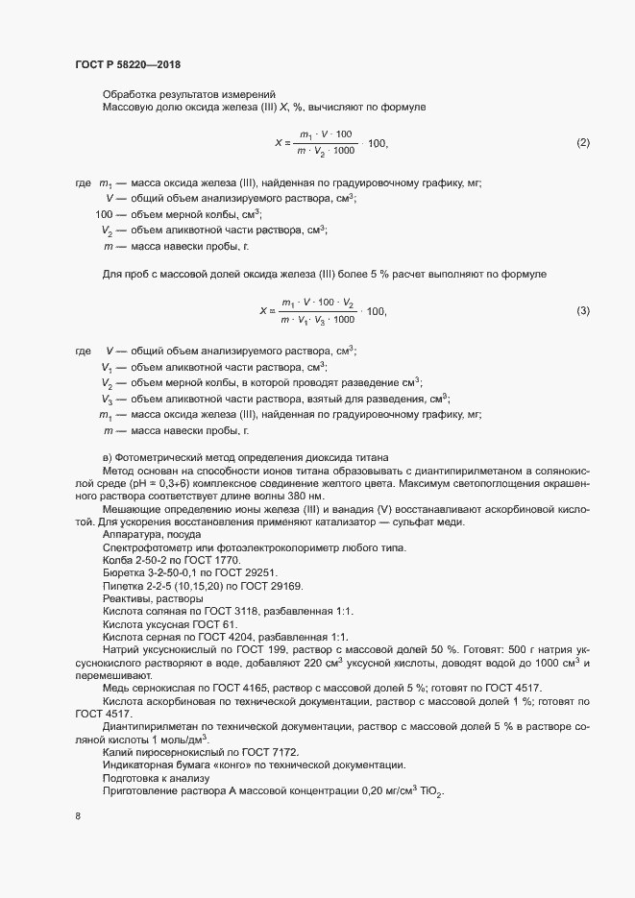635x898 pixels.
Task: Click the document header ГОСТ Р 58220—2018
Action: pyautogui.click(x=127, y=64)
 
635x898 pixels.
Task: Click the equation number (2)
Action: pyautogui.click(x=582, y=143)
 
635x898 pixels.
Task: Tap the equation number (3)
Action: pyautogui.click(x=582, y=310)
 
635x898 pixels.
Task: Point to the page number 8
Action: pyautogui.click(x=77, y=817)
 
